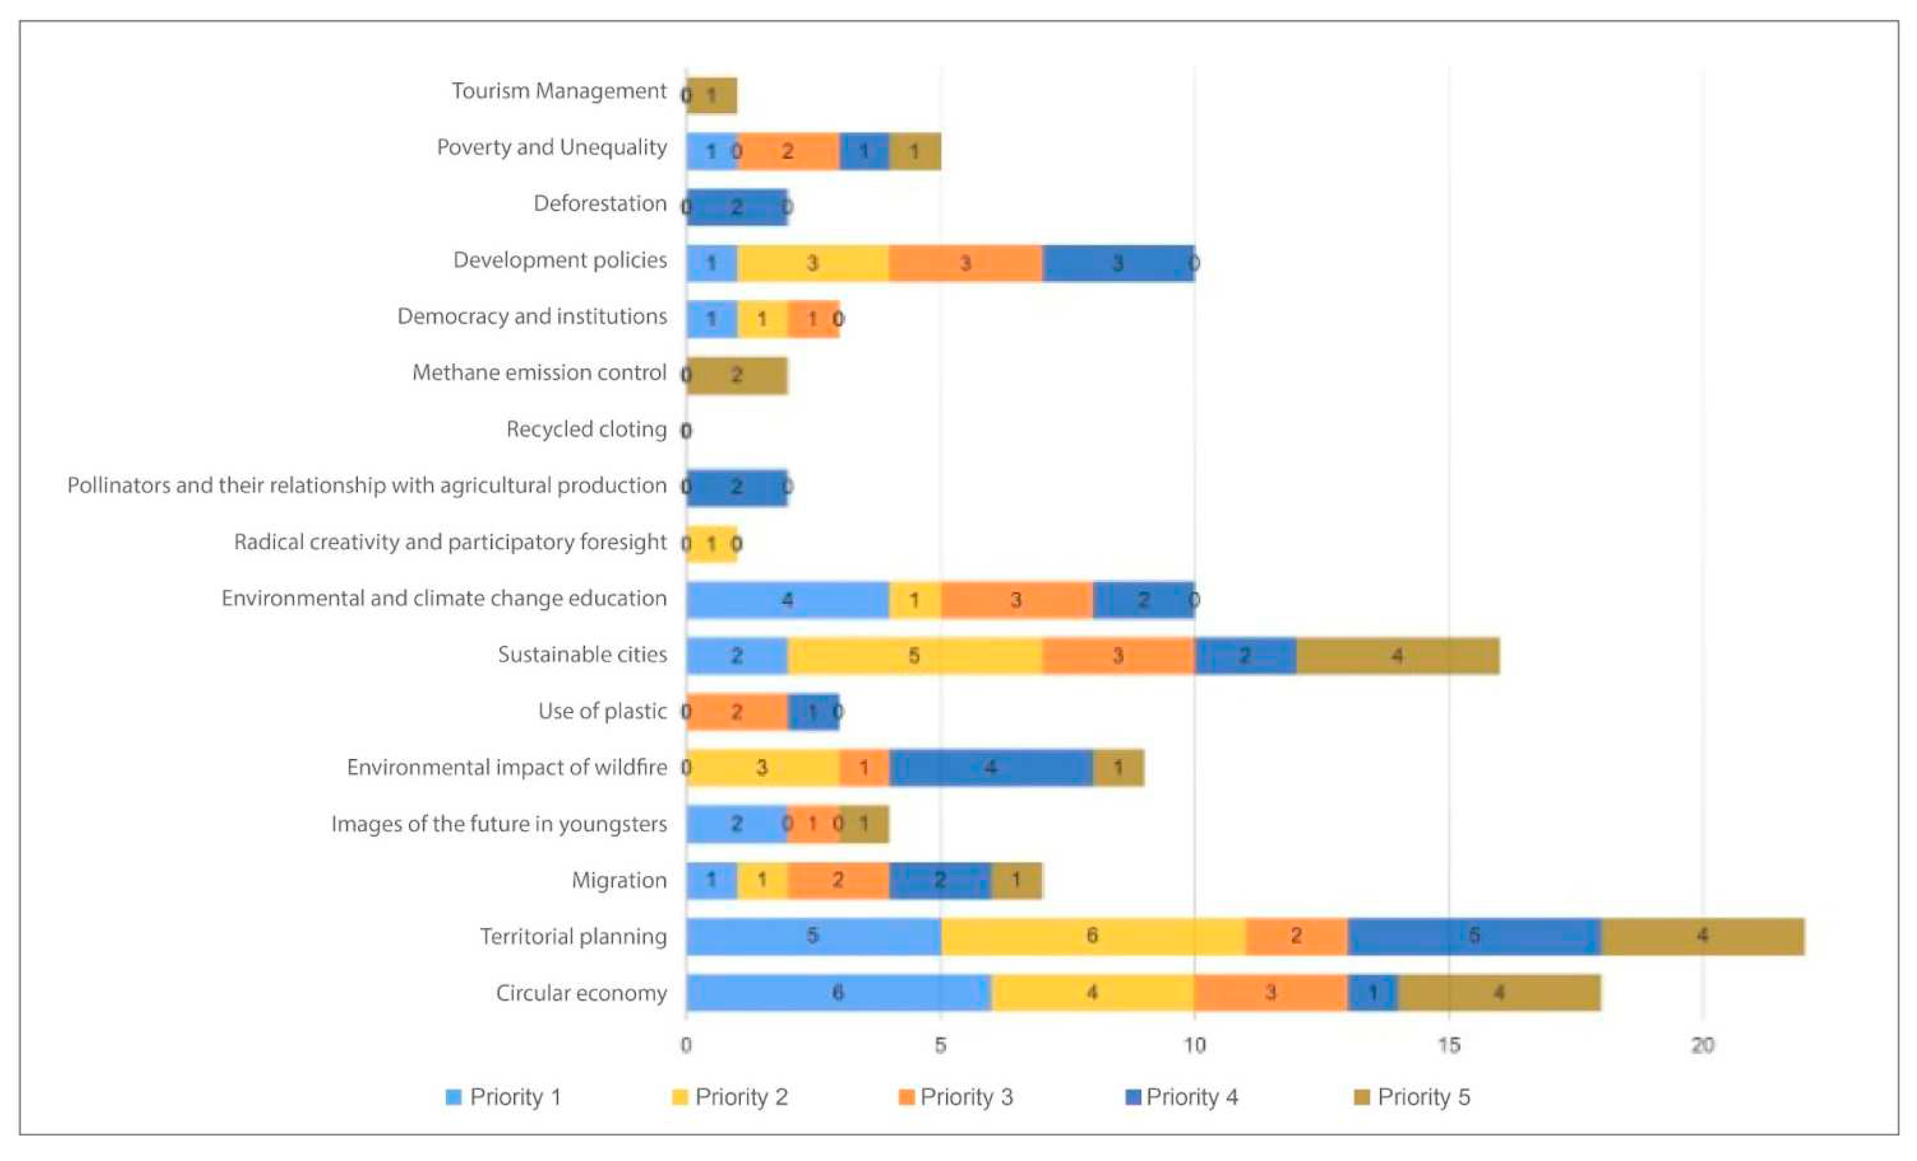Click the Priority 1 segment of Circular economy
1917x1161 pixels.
pos(838,992)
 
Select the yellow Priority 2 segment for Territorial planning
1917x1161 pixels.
pos(1092,936)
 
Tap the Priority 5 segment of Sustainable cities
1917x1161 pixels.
pos(1397,655)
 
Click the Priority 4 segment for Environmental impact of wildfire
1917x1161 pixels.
pos(990,767)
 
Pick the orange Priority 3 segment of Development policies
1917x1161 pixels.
pos(965,263)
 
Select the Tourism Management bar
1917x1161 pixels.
pos(712,96)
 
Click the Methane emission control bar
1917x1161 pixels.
pos(737,375)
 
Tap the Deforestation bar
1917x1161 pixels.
pos(737,207)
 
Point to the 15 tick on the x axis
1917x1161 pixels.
pos(1448,1045)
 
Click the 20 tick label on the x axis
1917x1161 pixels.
pos(1702,1045)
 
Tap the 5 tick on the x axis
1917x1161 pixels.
pos(940,1045)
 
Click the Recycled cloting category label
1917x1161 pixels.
pos(586,429)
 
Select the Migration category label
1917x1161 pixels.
pos(619,880)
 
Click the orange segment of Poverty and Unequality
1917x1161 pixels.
pos(788,151)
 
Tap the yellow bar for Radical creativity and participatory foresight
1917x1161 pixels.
pos(712,543)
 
